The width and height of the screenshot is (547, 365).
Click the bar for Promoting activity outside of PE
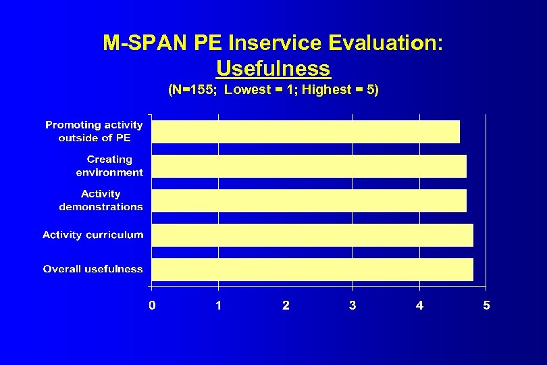point(305,132)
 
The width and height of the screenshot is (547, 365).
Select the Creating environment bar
point(309,166)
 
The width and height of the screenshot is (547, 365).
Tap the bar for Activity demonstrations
point(309,201)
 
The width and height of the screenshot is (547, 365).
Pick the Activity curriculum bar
point(312,235)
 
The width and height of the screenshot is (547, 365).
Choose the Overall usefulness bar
point(312,269)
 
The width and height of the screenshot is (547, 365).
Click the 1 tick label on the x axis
point(219,306)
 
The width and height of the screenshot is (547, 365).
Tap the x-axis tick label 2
point(286,306)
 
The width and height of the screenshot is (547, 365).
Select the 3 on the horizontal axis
point(353,306)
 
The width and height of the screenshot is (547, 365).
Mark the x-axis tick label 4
point(419,306)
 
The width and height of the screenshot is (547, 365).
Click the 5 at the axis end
point(486,306)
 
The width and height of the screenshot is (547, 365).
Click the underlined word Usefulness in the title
point(273,68)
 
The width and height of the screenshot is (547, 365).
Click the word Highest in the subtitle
point(327,90)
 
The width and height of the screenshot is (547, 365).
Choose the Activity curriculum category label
point(93,235)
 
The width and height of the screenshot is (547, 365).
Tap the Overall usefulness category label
point(93,269)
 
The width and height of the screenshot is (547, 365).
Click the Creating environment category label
point(109,166)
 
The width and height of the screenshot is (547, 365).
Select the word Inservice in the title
point(276,43)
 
